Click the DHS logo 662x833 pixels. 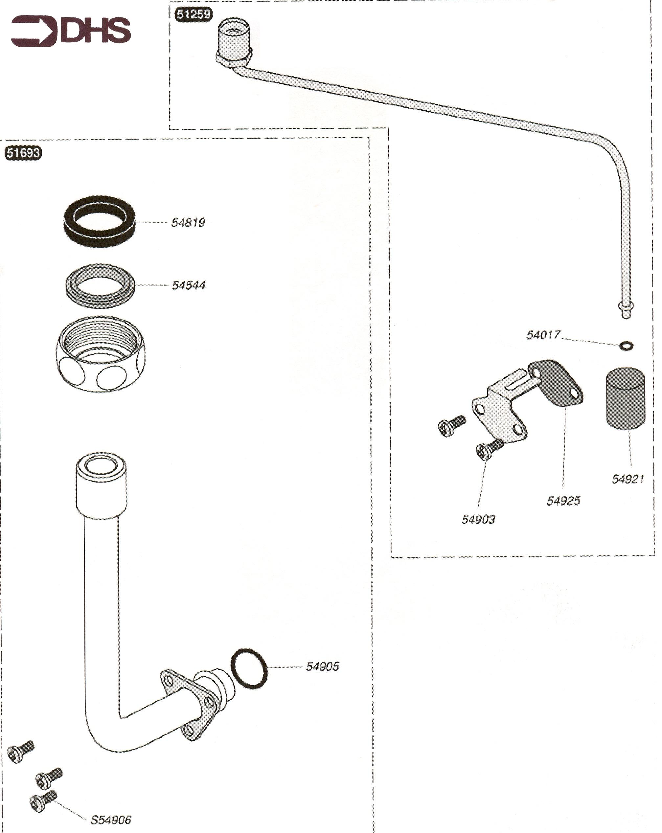(x=71, y=31)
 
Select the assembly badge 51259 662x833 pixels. (x=194, y=15)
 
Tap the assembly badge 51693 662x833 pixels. (x=23, y=153)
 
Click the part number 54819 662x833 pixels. (x=188, y=223)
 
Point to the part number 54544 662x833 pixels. (x=188, y=285)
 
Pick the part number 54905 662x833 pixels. (x=322, y=666)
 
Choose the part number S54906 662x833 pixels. (x=111, y=820)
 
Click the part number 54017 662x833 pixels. (x=543, y=335)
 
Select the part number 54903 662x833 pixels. (x=478, y=519)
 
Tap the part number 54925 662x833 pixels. (x=563, y=501)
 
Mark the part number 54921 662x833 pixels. (x=628, y=479)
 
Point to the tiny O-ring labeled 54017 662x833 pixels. (x=626, y=346)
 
